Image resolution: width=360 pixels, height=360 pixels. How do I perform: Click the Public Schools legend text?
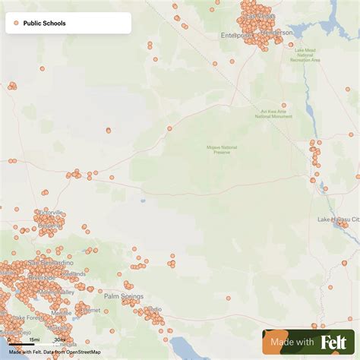tap(44, 24)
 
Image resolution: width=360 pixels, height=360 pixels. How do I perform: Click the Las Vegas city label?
tap(259, 16)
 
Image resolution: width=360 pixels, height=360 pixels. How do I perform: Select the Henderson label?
tap(276, 33)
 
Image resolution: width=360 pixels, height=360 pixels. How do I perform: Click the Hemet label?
tap(90, 310)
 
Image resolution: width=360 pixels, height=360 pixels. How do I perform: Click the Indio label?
tap(153, 309)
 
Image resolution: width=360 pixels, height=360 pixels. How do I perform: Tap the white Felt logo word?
tap(334, 343)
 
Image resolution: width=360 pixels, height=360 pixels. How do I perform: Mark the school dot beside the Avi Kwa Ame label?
tap(284, 105)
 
